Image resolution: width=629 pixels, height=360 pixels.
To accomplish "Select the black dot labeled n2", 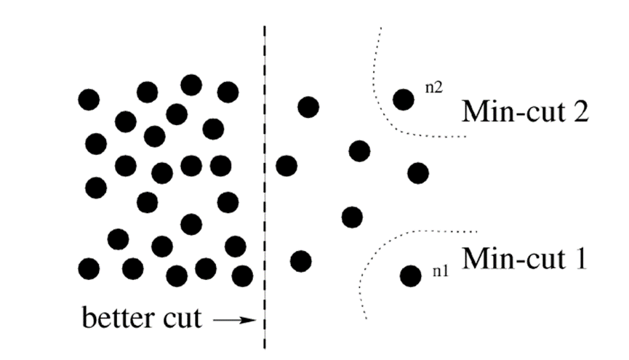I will point(404,99).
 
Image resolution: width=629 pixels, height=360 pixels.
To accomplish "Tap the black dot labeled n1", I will point(410,275).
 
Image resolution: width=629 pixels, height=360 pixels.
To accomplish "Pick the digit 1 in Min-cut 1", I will point(579,257).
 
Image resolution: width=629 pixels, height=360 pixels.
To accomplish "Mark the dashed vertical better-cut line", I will point(263,182).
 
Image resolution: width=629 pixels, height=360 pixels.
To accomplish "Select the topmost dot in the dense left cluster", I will point(191,85).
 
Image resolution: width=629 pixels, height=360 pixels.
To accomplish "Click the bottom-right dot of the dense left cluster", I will point(242,276).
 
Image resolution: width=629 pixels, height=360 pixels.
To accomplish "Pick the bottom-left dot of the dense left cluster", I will point(89,268).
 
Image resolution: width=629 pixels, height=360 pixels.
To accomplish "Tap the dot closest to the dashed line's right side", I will point(287,165).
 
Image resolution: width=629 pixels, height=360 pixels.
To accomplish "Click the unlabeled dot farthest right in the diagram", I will point(418,173).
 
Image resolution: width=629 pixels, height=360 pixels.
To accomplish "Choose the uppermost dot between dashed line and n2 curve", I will point(308,107).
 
